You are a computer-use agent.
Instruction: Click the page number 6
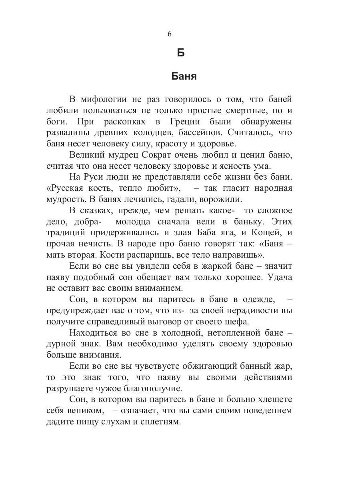tap(169, 34)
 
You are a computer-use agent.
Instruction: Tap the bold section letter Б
tap(180, 52)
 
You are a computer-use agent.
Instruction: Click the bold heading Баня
tap(184, 76)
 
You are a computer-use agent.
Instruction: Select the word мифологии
tap(105, 99)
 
